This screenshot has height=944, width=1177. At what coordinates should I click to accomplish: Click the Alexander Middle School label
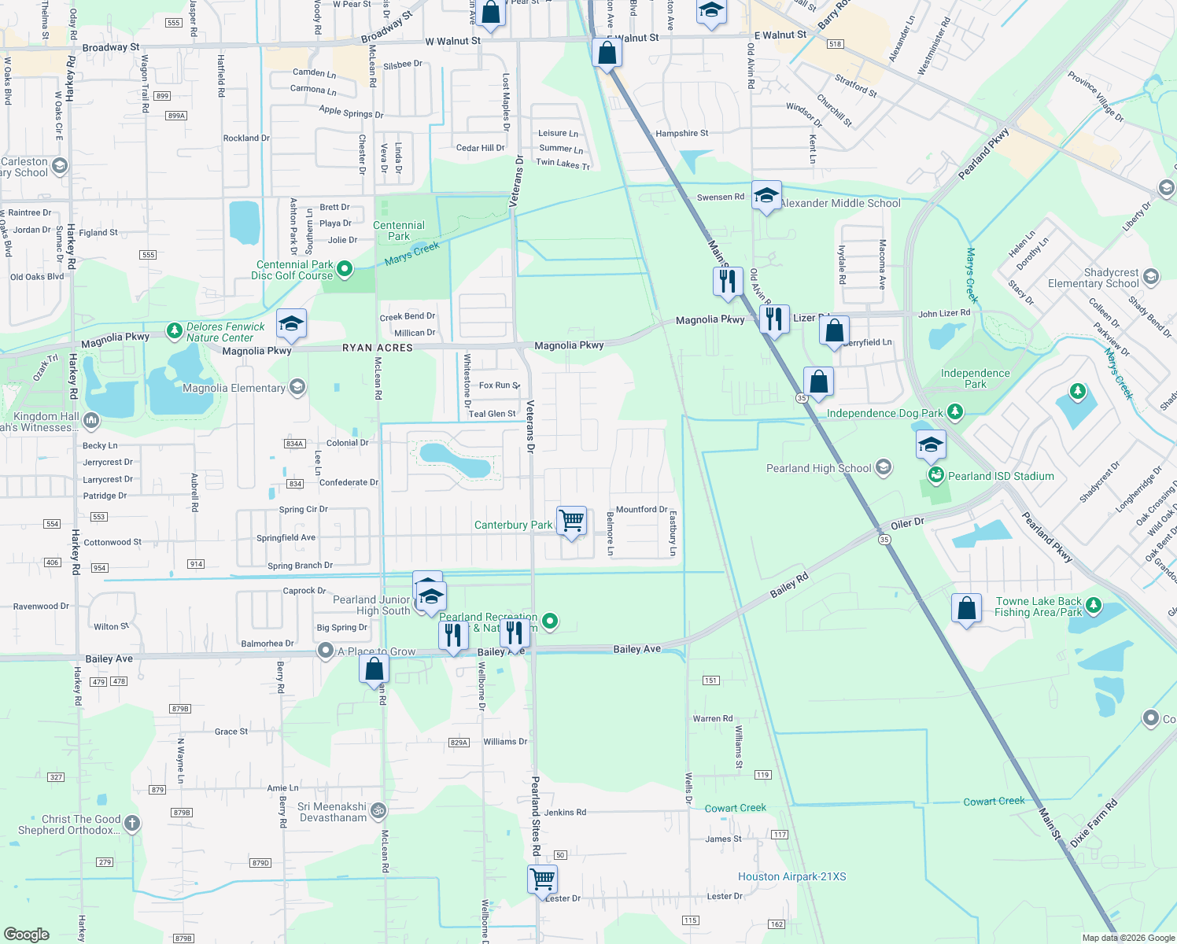pos(840,203)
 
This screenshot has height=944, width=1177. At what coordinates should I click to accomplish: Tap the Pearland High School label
pos(819,468)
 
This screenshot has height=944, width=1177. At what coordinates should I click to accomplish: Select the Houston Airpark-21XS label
pos(791,876)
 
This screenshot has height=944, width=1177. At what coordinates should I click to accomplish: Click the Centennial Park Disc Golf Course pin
pos(345,270)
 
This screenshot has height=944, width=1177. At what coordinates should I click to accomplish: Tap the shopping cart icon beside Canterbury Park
pos(572,521)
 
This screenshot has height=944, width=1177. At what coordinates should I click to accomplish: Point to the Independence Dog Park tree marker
pos(954,411)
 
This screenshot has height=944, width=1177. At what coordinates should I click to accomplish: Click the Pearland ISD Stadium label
pos(1001,476)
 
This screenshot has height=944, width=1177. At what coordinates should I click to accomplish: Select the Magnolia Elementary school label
pos(234,388)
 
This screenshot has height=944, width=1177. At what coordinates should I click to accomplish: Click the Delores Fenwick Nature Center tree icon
pos(175,331)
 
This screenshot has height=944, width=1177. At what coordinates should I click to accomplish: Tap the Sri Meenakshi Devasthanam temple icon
pos(378,809)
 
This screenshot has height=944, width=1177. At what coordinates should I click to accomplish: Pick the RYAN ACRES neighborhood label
pos(378,348)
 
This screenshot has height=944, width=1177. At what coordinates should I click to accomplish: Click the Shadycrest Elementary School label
pos(1094,278)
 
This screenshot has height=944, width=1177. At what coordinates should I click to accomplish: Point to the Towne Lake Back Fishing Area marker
pos(1093,607)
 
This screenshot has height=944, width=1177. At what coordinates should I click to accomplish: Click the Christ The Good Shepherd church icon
pos(132,824)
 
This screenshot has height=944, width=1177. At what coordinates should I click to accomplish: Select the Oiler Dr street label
pos(907,524)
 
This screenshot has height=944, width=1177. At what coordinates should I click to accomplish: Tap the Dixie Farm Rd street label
pos(1094,823)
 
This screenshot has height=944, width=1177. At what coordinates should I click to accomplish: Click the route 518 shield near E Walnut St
pos(836,44)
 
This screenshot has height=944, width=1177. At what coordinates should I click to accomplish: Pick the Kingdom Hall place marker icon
pos(91,421)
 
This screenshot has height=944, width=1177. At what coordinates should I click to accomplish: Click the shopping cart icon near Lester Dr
pos(543,879)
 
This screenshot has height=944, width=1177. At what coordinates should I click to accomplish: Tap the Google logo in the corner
pos(27,935)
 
